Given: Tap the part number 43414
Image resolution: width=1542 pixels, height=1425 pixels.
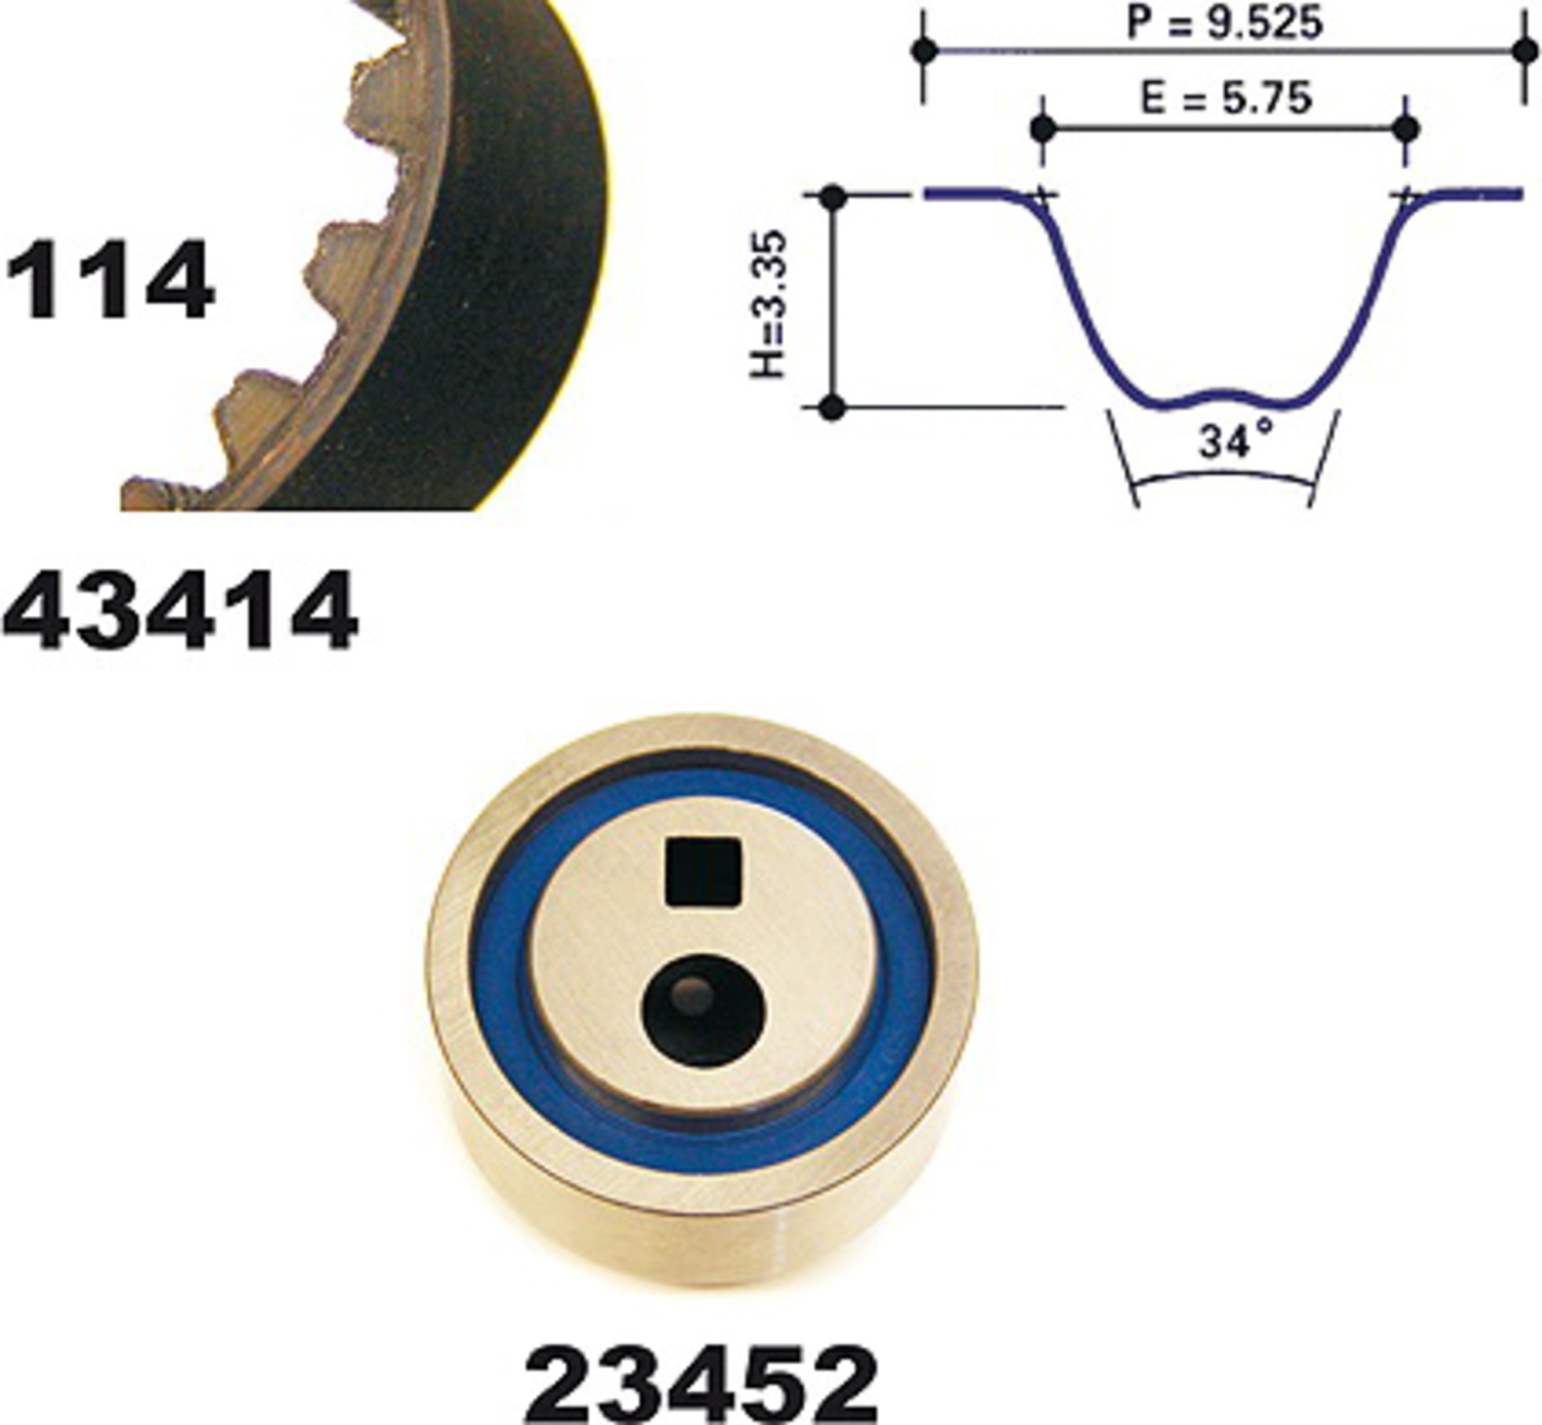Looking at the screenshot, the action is (x=180, y=611).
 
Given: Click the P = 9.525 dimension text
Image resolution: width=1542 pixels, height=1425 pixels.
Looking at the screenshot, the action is (x=1224, y=23).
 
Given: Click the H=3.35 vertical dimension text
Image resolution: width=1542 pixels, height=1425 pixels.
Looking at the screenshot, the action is (x=769, y=304).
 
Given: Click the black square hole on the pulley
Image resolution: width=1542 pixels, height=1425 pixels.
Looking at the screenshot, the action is (x=703, y=871).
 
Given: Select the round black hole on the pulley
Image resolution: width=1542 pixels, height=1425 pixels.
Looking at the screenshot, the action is (x=704, y=1011).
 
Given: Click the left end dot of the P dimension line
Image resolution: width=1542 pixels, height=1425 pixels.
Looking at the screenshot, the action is (x=924, y=51).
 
